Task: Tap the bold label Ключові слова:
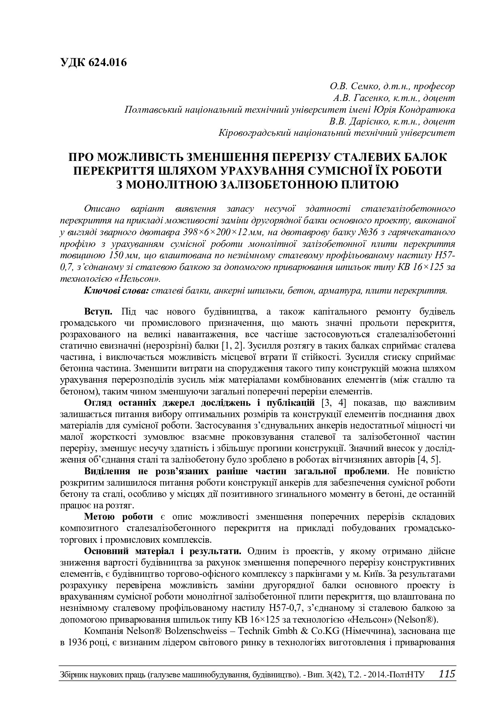pyautogui.click(x=117, y=290)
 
